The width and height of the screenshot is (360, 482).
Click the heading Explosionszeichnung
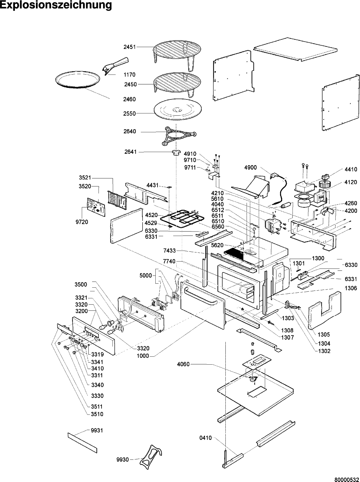pyautogui.click(x=56, y=5)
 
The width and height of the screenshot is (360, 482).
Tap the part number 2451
pyautogui.click(x=130, y=47)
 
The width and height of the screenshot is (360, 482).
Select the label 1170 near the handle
pyautogui.click(x=130, y=75)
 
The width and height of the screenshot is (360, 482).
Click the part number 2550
pyautogui.click(x=130, y=113)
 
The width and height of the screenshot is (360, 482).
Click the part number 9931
pyautogui.click(x=97, y=430)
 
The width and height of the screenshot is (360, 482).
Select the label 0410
pyautogui.click(x=206, y=438)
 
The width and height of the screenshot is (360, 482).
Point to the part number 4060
pyautogui.click(x=183, y=364)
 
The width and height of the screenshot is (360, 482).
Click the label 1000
pyautogui.click(x=143, y=356)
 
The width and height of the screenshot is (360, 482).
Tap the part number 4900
pyautogui.click(x=251, y=168)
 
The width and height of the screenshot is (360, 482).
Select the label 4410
pyautogui.click(x=351, y=169)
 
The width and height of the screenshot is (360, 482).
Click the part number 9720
pyautogui.click(x=82, y=222)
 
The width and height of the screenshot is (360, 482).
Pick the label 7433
pyautogui.click(x=169, y=251)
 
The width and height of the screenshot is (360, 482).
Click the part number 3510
pyautogui.click(x=97, y=414)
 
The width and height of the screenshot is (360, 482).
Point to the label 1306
pyautogui.click(x=351, y=288)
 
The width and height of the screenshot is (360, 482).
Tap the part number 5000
pyautogui.click(x=145, y=276)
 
